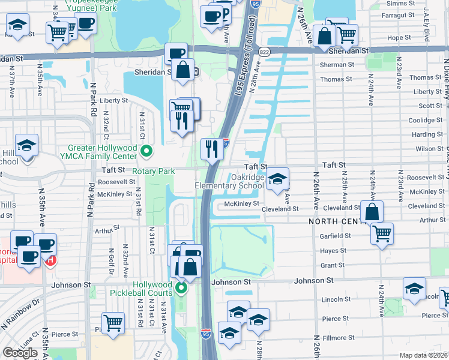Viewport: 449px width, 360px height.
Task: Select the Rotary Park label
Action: tap(154, 171)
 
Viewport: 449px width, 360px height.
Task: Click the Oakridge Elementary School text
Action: tap(229, 182)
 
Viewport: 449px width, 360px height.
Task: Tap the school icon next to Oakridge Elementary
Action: tap(277, 179)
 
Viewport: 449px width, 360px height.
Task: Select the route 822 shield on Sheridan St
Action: tap(265, 52)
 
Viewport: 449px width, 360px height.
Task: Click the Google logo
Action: tap(20, 353)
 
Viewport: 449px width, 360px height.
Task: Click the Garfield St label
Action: tap(336, 236)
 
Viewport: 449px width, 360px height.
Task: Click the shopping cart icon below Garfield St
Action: tap(382, 233)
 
